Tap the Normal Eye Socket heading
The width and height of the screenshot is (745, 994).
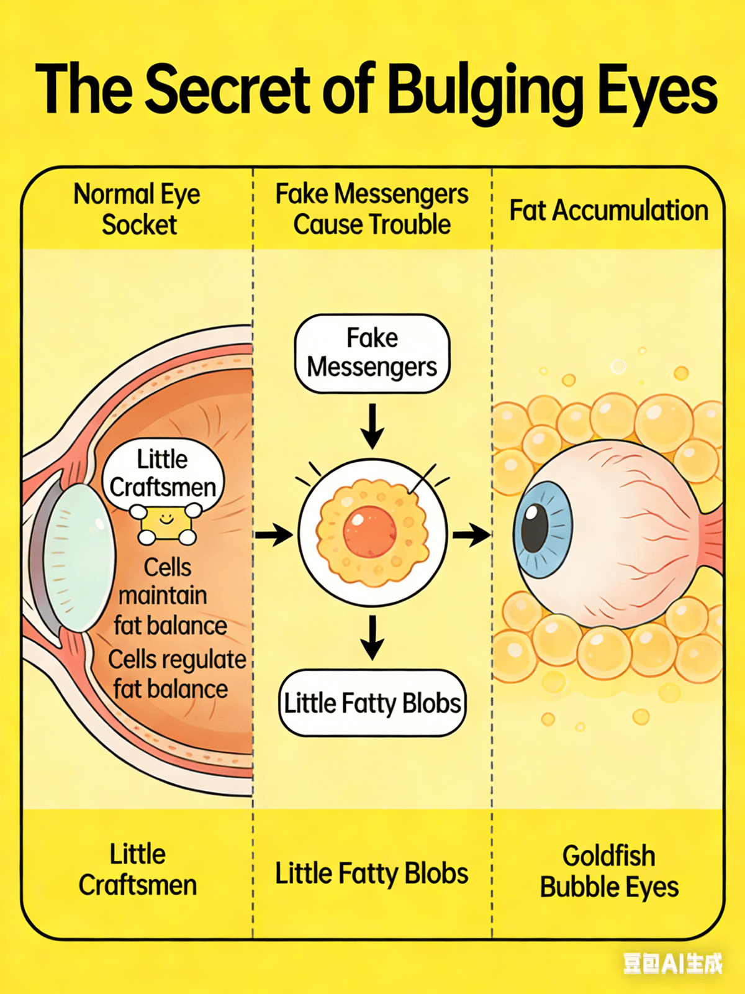pos(138,209)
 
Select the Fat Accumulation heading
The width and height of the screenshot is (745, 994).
pos(608,211)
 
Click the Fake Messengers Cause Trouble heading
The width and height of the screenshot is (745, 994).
pos(371,209)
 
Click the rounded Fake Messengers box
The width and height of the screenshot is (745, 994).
pos(371,353)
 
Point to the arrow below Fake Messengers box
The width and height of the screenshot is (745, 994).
pos(372,426)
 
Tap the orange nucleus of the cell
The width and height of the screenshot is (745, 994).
pos(370,532)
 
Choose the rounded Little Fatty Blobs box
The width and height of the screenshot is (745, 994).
pos(372,703)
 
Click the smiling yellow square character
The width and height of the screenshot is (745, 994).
pos(166,524)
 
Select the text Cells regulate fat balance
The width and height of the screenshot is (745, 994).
pos(176,675)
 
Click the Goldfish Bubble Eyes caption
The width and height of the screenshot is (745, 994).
pos(608,872)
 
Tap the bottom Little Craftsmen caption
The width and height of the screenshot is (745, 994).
pos(138,870)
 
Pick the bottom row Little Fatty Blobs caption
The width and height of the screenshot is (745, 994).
pos(371,873)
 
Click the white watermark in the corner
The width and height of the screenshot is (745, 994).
pos(672,964)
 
